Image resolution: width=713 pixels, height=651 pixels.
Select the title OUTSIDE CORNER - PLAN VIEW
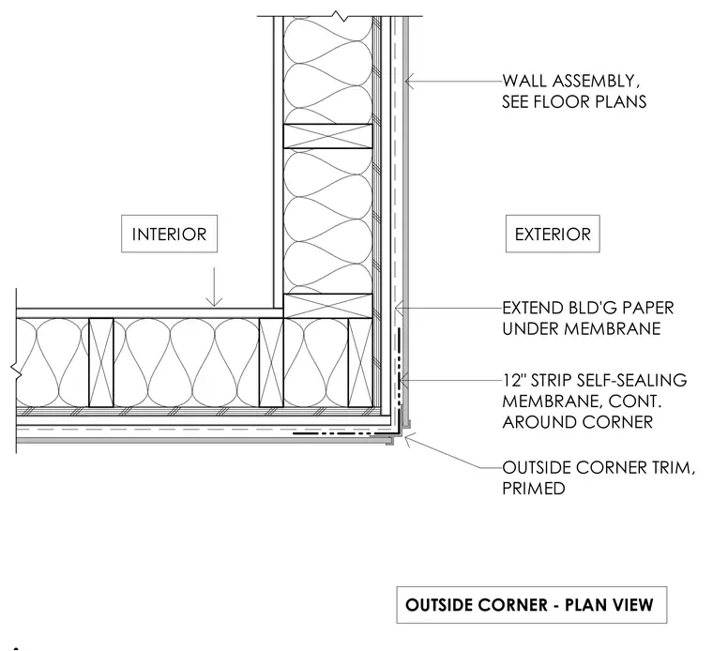point(529,605)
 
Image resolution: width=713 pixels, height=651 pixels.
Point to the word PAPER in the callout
point(647,308)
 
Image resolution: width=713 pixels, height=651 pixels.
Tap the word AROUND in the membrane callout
point(539,422)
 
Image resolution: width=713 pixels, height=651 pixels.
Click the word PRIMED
point(534,488)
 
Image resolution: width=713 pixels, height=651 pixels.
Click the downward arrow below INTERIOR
point(214,287)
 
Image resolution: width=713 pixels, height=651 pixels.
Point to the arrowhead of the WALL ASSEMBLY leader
point(409,82)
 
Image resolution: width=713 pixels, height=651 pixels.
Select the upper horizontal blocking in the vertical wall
point(327,136)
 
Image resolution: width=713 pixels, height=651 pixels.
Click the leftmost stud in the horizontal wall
point(101,362)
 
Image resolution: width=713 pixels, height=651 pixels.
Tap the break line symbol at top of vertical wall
point(341,16)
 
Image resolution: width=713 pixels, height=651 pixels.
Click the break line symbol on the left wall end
point(16,371)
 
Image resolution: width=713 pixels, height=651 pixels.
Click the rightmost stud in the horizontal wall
point(360,362)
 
